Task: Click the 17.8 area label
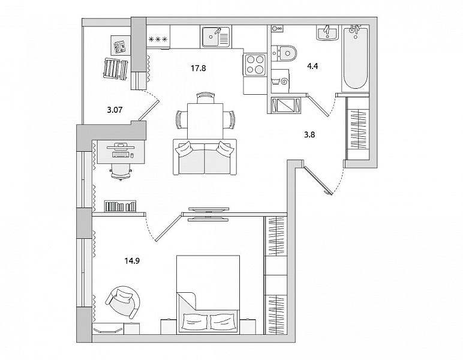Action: (x=198, y=68)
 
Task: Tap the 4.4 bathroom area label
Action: (x=312, y=66)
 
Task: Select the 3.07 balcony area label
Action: (x=115, y=110)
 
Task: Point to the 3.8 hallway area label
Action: (x=309, y=134)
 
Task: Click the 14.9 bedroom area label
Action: (x=132, y=261)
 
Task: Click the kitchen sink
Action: (x=216, y=37)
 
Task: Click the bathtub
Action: (x=355, y=58)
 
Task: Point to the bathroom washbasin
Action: (x=327, y=32)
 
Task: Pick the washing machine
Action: (x=281, y=79)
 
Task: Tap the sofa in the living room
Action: (x=205, y=157)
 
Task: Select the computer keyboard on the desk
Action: (x=121, y=155)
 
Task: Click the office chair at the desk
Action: (x=121, y=171)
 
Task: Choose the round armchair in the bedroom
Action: (x=123, y=302)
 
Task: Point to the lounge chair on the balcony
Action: (x=116, y=68)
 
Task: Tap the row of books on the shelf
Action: (x=120, y=206)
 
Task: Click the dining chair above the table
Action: (x=206, y=97)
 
